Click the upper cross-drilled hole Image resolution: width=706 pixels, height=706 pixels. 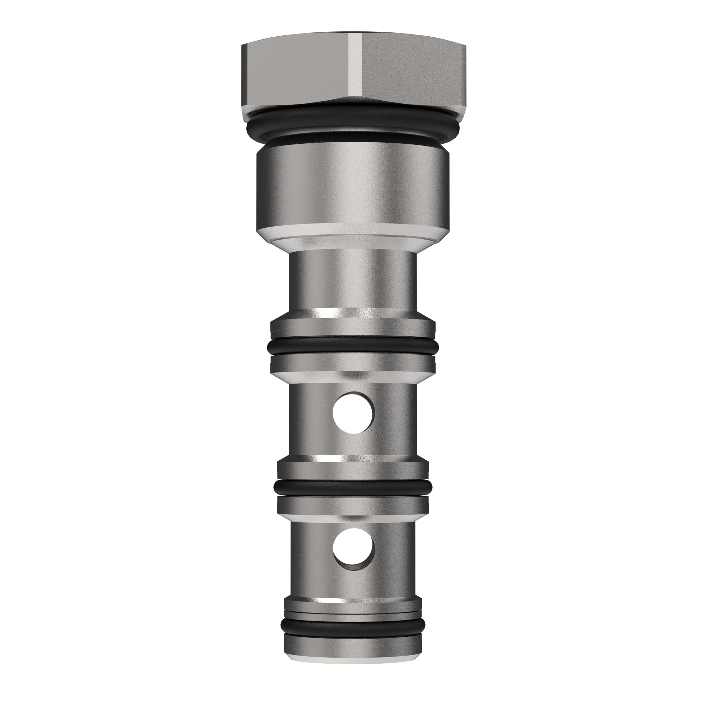coord(353,413)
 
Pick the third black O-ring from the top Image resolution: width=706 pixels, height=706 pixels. coord(353,486)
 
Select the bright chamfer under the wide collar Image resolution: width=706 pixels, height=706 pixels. coord(353,238)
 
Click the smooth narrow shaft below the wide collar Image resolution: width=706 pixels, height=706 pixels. coord(353,281)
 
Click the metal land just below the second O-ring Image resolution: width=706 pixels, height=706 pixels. coord(353,364)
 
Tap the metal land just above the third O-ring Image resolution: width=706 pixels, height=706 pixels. coord(353,469)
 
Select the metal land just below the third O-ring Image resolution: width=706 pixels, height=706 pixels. coord(353,504)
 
